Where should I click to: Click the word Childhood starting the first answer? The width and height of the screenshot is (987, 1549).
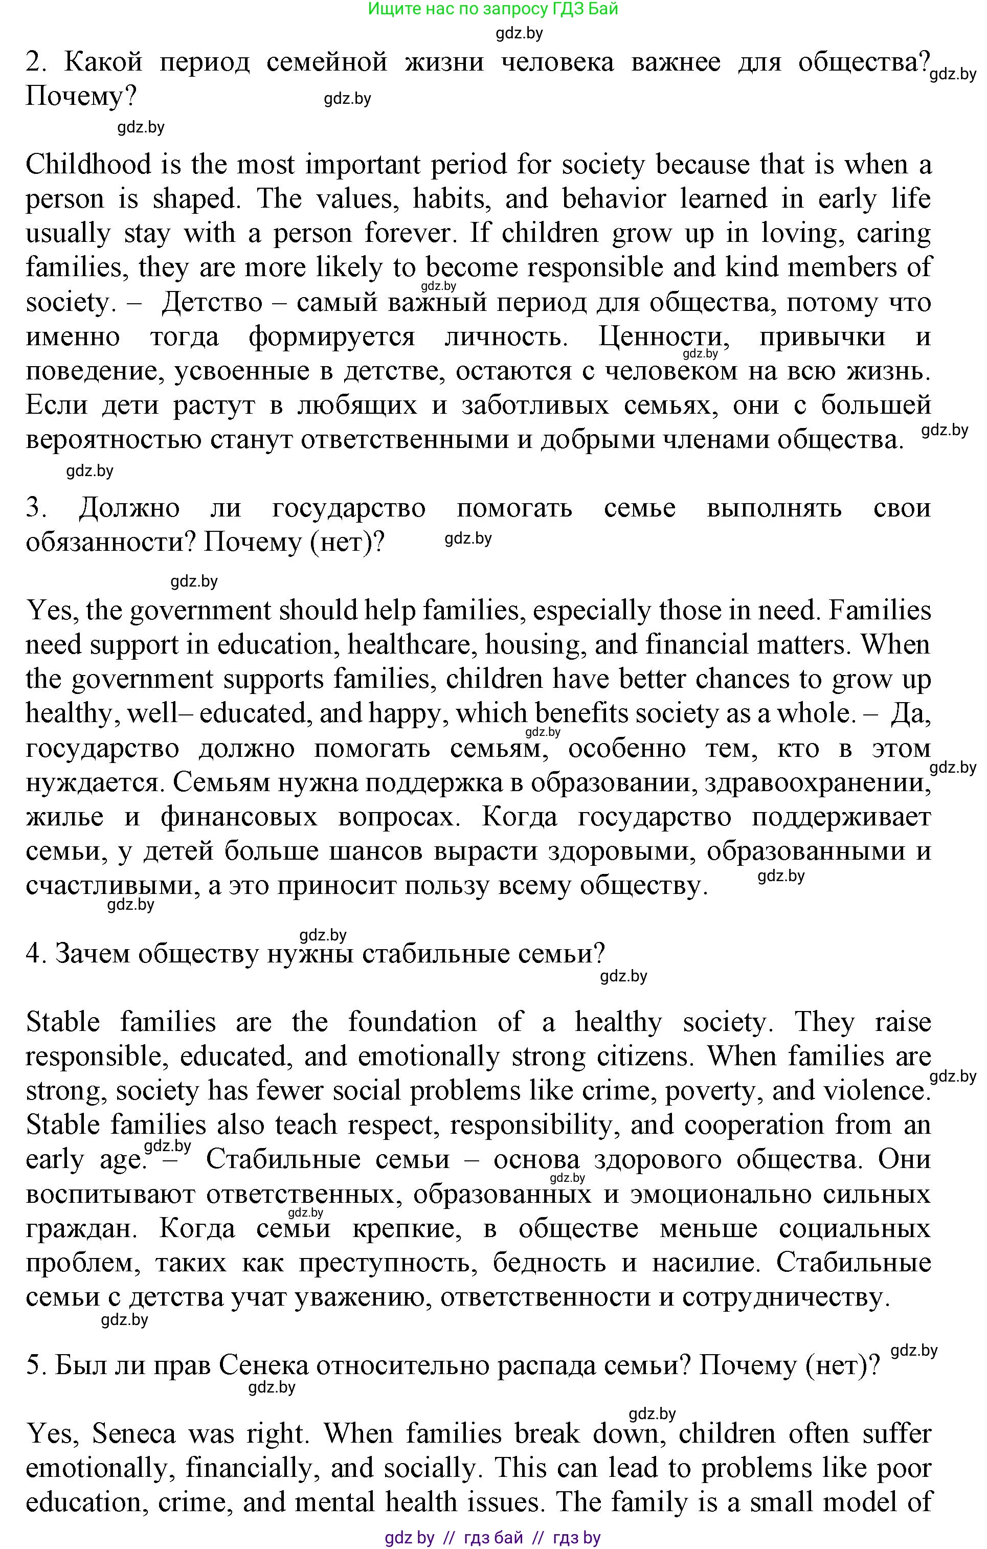pos(88,165)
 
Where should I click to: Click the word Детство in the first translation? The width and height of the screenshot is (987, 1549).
pos(212,303)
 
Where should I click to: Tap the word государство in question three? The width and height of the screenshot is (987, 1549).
pos(349,509)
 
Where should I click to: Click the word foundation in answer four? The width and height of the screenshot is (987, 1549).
pos(412,1022)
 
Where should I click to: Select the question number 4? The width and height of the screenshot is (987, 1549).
pos(33,954)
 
